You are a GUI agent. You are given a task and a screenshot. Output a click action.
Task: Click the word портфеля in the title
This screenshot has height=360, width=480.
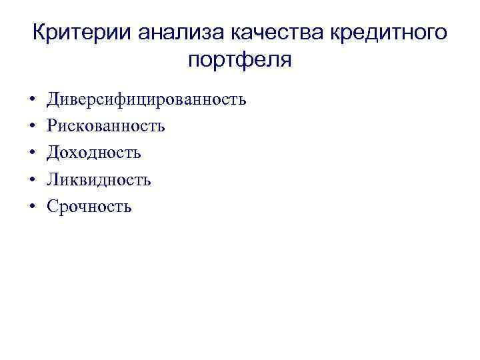click(240, 61)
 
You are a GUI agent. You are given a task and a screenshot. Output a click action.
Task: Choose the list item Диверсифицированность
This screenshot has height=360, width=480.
click(146, 100)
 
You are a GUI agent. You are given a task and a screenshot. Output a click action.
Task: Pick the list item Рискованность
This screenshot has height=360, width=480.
click(105, 126)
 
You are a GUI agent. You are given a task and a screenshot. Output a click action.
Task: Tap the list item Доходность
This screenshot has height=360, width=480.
click(93, 153)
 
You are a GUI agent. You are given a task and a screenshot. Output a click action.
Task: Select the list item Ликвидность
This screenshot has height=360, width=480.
click(99, 179)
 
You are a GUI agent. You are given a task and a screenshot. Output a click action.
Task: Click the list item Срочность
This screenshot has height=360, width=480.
click(89, 207)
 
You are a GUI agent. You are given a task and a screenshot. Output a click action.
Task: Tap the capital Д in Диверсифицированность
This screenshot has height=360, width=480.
click(53, 100)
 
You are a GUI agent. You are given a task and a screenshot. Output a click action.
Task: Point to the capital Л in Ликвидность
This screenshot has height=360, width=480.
click(52, 179)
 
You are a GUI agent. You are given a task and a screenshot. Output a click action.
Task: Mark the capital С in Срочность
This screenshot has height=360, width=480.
click(51, 207)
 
